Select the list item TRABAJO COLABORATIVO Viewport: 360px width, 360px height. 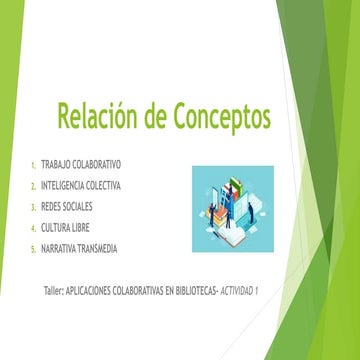pyautogui.click(x=95, y=164)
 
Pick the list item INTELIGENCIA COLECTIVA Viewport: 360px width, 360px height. pyautogui.click(x=97, y=185)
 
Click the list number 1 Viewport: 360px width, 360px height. pyautogui.click(x=33, y=165)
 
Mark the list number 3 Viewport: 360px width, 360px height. pyautogui.click(x=33, y=207)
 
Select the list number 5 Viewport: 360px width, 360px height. pyautogui.click(x=33, y=249)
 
